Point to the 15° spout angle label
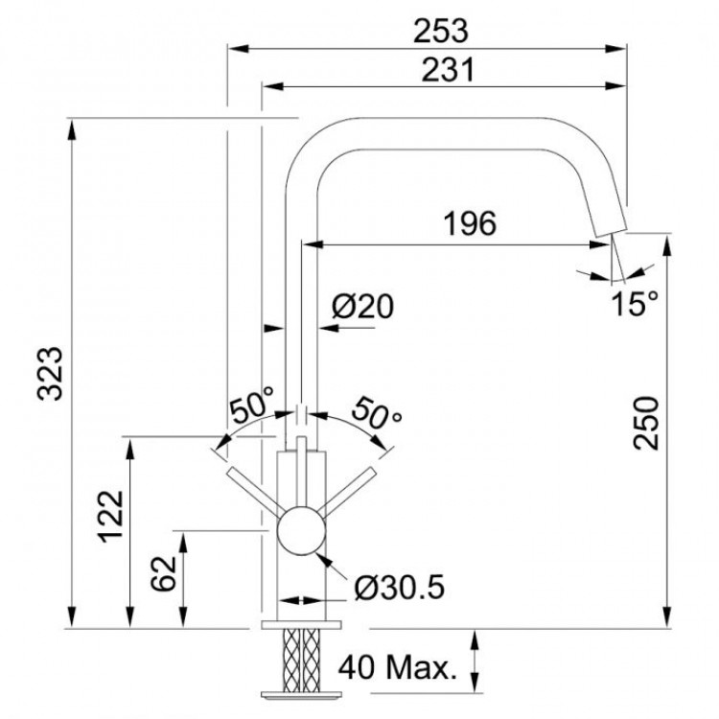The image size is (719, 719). (636, 305)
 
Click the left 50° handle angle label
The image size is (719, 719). (251, 406)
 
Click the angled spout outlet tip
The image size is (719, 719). (608, 220)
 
